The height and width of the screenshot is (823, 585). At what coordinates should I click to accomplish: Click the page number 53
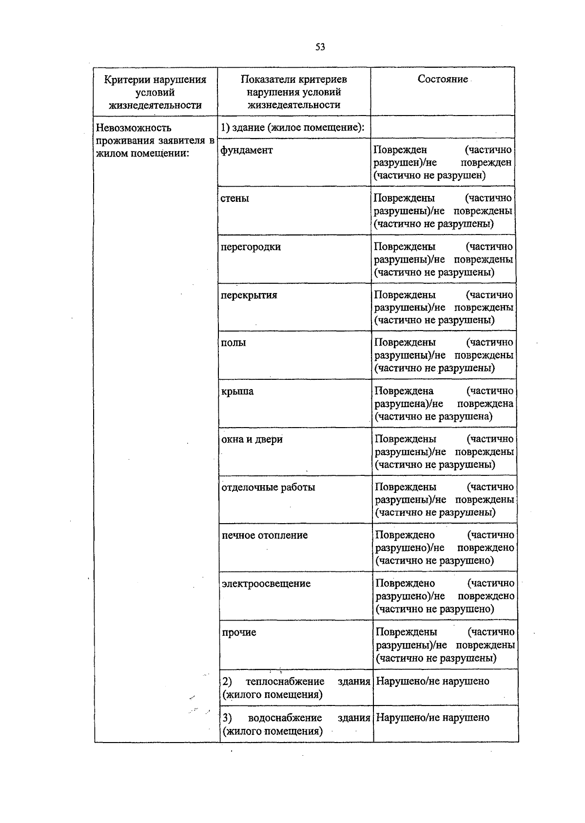(320, 47)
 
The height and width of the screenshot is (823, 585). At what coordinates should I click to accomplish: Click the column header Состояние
(443, 79)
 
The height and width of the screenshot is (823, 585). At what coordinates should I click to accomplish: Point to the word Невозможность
(134, 128)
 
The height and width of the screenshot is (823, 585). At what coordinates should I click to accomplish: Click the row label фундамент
(247, 150)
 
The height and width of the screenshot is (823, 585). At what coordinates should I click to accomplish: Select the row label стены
(235, 198)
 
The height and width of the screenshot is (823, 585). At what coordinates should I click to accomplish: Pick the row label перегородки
(251, 247)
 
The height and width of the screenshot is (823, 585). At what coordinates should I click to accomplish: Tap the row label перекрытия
(249, 295)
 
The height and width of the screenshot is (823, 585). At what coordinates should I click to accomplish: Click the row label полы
(234, 343)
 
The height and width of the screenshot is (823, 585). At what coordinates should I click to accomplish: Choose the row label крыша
(237, 392)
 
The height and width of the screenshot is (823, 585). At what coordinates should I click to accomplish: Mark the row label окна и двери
(252, 439)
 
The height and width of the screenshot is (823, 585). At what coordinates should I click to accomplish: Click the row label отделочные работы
(268, 488)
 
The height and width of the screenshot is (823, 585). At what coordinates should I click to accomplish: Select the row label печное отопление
(265, 535)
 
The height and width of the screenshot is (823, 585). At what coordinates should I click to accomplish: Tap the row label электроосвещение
(266, 584)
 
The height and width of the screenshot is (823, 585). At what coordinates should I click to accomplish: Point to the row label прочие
(239, 632)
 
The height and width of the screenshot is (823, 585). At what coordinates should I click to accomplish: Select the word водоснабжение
(285, 718)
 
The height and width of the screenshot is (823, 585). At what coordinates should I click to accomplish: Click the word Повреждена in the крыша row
(404, 391)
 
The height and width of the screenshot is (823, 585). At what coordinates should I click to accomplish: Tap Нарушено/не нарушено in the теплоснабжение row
(433, 681)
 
